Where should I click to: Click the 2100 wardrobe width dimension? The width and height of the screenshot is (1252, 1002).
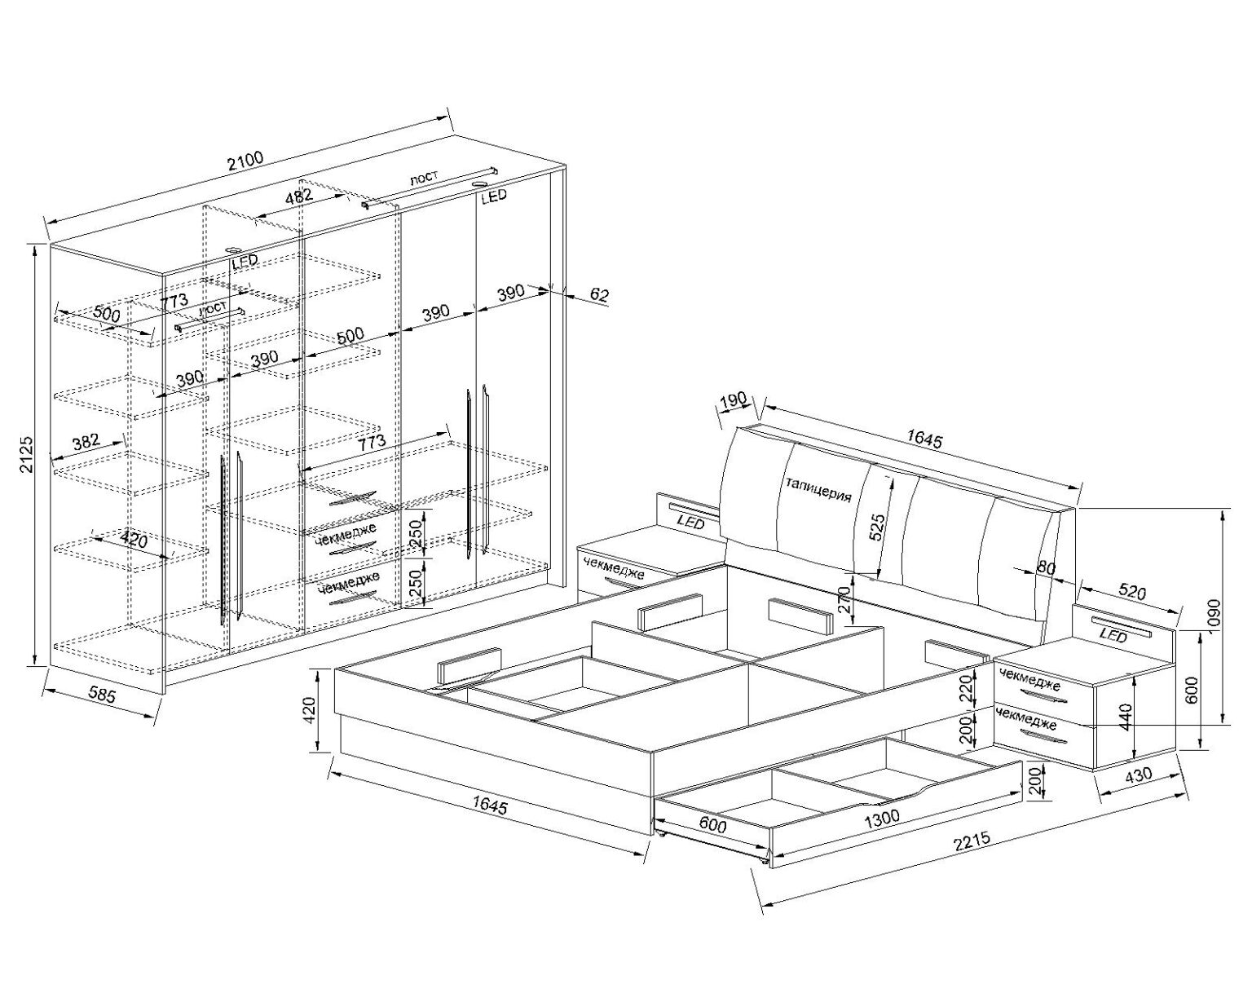[x=245, y=161]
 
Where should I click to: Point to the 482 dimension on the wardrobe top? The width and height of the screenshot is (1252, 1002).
[x=298, y=196]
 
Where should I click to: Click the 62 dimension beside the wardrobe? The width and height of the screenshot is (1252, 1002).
[x=598, y=294]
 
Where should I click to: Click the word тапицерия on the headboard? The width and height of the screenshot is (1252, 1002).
[x=818, y=489]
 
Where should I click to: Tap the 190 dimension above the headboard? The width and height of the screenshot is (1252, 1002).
[x=733, y=400]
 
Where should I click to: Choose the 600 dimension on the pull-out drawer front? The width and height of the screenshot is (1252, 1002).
[x=712, y=824]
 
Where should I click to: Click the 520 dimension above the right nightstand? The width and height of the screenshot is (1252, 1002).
[x=1132, y=592]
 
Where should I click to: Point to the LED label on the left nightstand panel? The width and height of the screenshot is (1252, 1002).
[x=690, y=522]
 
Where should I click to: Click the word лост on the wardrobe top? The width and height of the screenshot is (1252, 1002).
[x=423, y=178]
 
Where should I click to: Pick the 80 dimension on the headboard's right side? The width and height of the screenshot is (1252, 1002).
[x=1046, y=567]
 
